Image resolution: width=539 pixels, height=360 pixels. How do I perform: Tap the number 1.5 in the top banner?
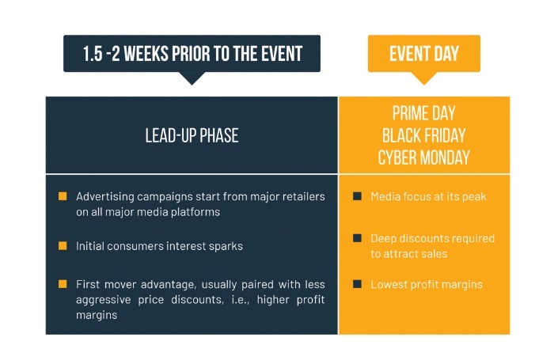[93, 54]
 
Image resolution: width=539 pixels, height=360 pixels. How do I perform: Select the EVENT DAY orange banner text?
[424, 54]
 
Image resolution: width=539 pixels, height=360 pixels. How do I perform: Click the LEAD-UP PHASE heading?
[192, 135]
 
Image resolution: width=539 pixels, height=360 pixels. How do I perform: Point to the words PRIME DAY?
[424, 113]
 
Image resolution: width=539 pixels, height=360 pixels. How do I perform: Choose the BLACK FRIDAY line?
[424, 135]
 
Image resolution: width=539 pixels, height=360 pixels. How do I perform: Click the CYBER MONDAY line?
[424, 157]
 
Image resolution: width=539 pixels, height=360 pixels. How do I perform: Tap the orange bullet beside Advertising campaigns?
[63, 196]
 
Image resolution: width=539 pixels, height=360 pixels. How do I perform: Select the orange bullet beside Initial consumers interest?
[63, 245]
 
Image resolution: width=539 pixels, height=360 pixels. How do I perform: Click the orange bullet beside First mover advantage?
[63, 284]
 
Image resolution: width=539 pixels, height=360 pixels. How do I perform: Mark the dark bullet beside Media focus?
[357, 196]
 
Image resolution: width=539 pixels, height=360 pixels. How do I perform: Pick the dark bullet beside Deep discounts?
[357, 238]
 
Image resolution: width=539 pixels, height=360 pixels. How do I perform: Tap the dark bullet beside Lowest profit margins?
[357, 284]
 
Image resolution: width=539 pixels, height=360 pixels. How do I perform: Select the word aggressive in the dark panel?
[103, 300]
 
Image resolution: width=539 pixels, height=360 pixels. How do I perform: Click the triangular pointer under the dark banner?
[192, 78]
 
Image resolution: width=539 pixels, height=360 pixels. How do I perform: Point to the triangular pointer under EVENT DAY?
[424, 78]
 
